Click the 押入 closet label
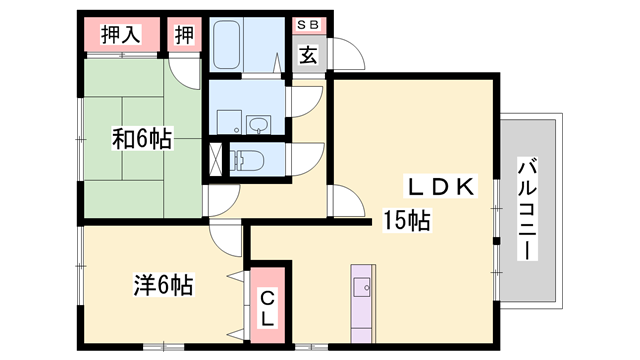click(x=120, y=36)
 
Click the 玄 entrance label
click(x=308, y=56)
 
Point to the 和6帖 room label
click(x=141, y=140)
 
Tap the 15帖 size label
click(x=408, y=221)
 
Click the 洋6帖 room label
click(x=162, y=285)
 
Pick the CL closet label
click(x=268, y=309)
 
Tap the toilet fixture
click(x=248, y=159)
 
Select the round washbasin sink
click(x=260, y=125)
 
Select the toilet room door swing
click(x=309, y=158)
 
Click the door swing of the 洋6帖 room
click(x=229, y=238)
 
